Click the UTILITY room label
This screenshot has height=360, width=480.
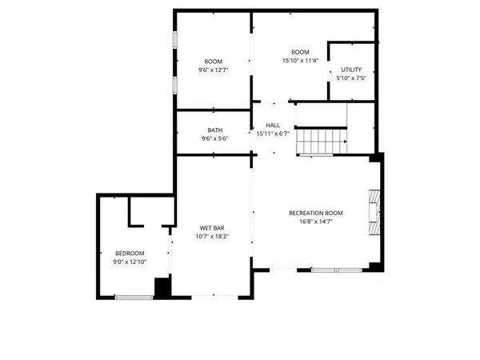351,70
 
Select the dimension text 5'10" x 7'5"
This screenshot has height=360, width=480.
351,78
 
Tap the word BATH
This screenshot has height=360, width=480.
215,130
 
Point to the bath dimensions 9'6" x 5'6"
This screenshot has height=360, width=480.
215,139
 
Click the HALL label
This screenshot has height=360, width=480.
273,126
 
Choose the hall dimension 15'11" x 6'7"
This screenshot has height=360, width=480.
273,134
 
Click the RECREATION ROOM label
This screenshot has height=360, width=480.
315,213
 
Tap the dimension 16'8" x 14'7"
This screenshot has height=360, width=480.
315,222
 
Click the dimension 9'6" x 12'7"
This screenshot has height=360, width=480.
213,70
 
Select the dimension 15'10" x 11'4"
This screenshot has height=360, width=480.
300,60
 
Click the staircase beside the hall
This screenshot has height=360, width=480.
321,142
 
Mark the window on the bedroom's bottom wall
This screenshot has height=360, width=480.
134,298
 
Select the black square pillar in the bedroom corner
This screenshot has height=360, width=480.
162,288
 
